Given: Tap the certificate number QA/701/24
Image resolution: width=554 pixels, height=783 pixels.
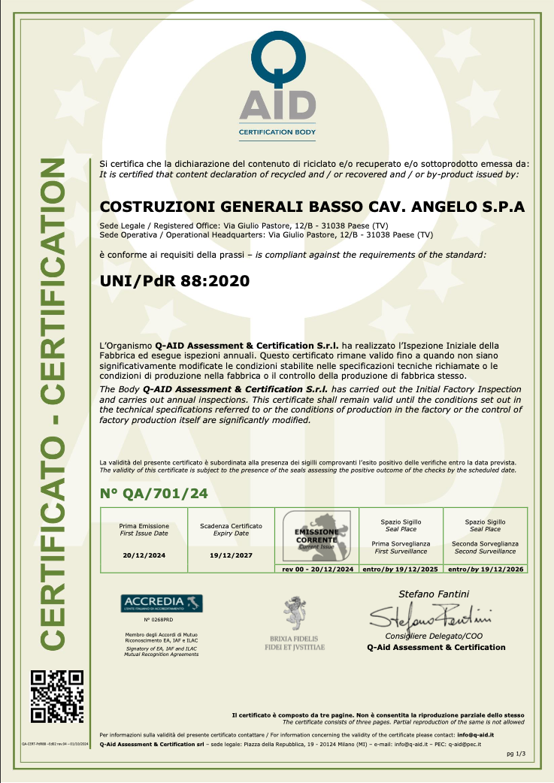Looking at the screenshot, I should click(153, 493).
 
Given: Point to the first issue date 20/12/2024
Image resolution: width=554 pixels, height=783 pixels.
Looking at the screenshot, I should click(144, 555).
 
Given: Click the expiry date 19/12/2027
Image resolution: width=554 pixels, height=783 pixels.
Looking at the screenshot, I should click(231, 555).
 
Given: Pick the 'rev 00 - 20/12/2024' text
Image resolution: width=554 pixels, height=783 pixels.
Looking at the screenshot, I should click(317, 570).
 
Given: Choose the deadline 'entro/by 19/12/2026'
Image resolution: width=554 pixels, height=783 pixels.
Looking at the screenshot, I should click(486, 570).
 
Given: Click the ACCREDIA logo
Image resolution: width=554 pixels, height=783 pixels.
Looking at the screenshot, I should click(161, 603).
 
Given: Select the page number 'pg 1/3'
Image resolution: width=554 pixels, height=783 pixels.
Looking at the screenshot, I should click(515, 753).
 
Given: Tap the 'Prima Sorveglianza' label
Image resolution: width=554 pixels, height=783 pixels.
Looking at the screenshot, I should click(401, 543).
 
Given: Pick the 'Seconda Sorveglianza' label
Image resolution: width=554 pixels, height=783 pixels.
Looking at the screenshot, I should click(486, 543).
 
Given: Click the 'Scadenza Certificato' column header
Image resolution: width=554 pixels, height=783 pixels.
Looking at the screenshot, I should click(231, 526).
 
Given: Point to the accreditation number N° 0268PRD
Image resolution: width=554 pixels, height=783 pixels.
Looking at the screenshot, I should click(161, 621).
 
